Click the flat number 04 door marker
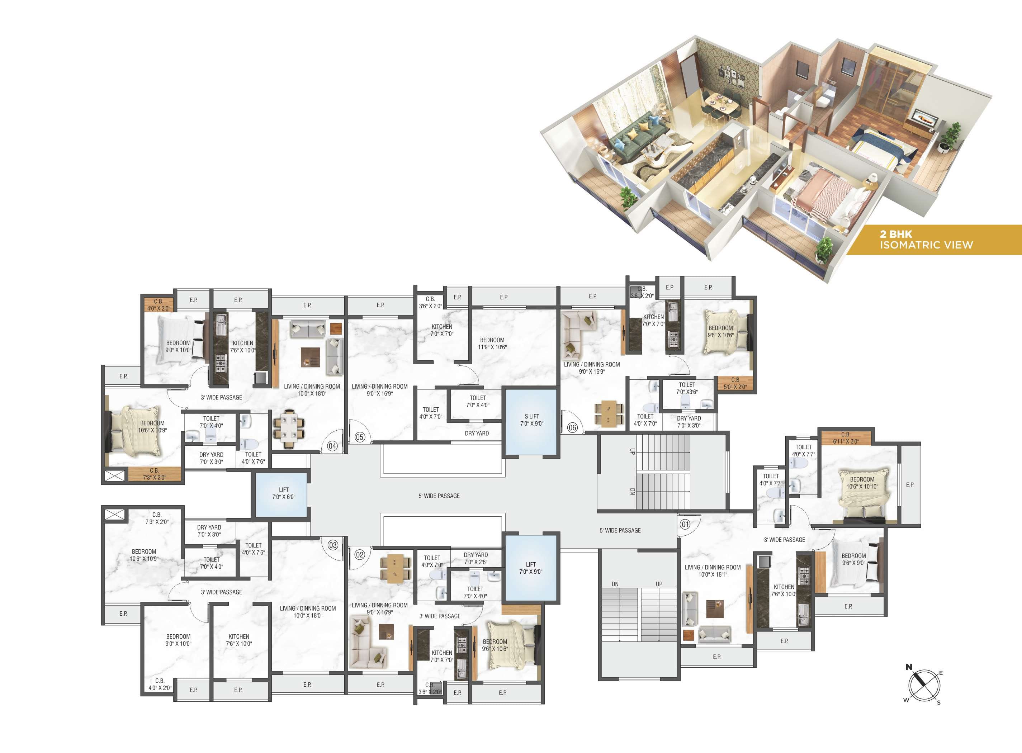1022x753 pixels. click(332, 446)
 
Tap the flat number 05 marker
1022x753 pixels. click(360, 437)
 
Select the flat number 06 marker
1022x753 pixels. click(573, 427)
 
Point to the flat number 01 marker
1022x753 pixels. click(685, 524)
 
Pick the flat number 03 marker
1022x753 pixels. click(333, 545)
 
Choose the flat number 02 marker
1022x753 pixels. click(360, 555)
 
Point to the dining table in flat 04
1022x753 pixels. click(289, 428)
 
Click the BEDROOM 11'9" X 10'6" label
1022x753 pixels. click(492, 343)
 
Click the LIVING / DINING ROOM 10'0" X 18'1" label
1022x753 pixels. click(713, 571)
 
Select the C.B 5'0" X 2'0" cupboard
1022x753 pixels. click(735, 383)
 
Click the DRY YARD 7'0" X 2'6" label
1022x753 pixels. click(476, 558)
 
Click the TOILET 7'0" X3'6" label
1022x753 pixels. click(687, 388)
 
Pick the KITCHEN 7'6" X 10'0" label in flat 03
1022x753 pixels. click(239, 640)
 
